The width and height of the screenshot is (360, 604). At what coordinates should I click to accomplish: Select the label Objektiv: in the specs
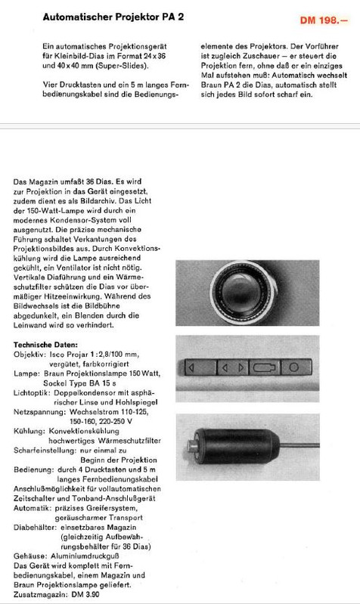30,354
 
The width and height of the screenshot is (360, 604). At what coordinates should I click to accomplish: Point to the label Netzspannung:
40,413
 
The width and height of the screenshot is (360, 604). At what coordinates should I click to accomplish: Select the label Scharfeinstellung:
45,452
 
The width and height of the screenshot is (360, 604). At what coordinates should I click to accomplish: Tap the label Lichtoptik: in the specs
33,393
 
